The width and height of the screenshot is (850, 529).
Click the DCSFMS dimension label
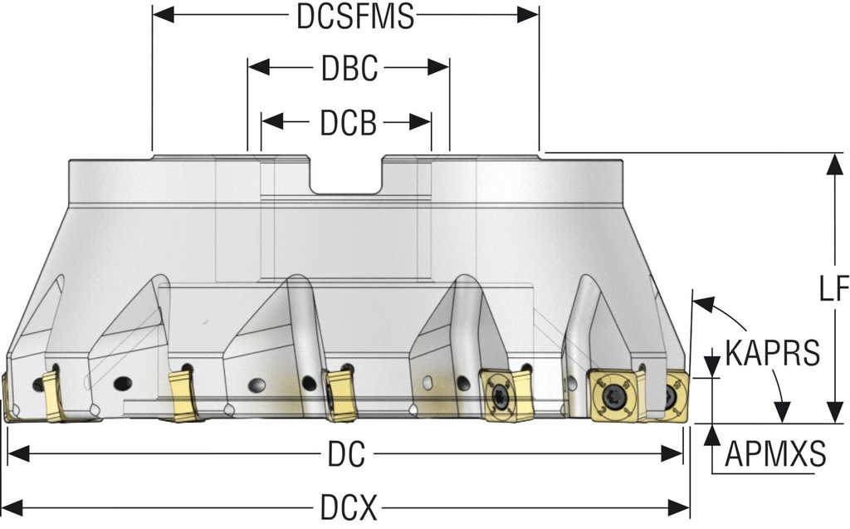pyautogui.click(x=354, y=16)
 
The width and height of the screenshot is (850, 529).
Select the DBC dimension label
pyautogui.click(x=349, y=68)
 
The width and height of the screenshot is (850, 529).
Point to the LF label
pyautogui.click(x=833, y=288)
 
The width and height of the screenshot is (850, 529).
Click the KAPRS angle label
pyautogui.click(x=773, y=351)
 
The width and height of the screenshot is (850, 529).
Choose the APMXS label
pyautogui.click(x=775, y=453)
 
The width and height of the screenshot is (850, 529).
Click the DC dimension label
pyautogui.click(x=345, y=453)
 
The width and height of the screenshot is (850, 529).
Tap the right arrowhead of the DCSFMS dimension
pyautogui.click(x=529, y=16)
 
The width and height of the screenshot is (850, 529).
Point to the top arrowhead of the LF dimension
pyautogui.click(x=833, y=164)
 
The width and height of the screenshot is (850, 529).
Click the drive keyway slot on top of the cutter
pyautogui.click(x=347, y=174)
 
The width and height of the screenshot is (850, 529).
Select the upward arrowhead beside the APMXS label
pyautogui.click(x=712, y=435)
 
